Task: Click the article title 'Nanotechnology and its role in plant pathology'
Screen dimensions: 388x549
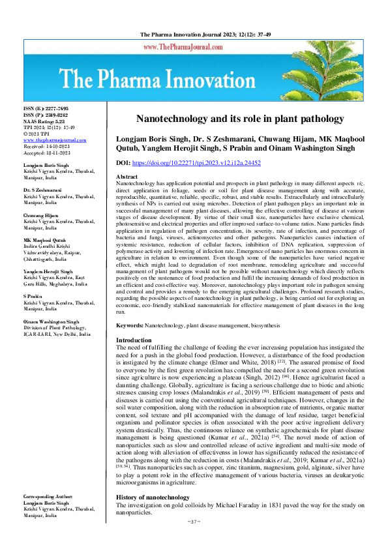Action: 240,119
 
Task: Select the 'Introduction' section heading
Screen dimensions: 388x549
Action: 133,341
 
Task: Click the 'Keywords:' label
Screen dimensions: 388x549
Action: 129,325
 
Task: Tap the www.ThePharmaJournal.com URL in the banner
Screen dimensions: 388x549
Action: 194,47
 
